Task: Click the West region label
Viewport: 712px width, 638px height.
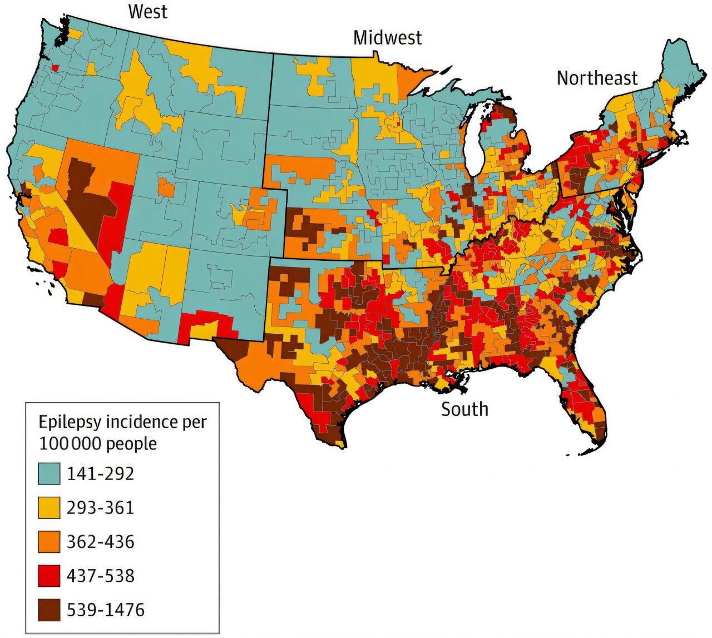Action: [x=147, y=12]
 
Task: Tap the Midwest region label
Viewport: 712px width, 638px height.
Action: [x=388, y=38]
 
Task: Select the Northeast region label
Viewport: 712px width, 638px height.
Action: [x=597, y=78]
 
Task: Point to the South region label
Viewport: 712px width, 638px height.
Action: [x=464, y=409]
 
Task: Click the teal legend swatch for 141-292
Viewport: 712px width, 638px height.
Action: [x=49, y=474]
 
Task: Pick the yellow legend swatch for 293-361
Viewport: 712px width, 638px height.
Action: [x=49, y=508]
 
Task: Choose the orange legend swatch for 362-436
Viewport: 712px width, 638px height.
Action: [x=49, y=542]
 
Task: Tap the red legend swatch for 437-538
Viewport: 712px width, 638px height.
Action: [x=49, y=576]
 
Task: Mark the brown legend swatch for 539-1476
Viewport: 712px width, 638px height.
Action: [x=49, y=610]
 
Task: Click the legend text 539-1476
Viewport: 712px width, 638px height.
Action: [x=106, y=610]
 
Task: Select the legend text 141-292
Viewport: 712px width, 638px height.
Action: [x=101, y=474]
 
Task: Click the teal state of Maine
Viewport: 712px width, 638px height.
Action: [x=676, y=67]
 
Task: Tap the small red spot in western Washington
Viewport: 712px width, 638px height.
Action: [x=55, y=67]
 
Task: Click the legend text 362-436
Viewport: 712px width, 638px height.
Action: [x=101, y=542]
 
